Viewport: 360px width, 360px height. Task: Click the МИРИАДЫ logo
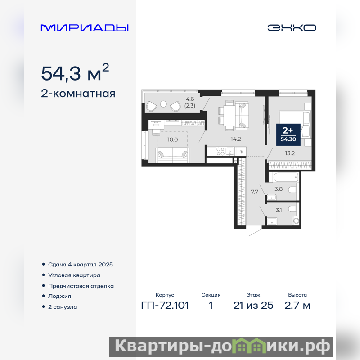(x=85, y=28)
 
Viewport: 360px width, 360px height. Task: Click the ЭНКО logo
(x=292, y=28)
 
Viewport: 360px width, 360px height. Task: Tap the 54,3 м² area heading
(x=75, y=72)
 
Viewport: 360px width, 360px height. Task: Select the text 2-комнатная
(x=78, y=94)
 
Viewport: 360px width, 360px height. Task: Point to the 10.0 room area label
(x=173, y=139)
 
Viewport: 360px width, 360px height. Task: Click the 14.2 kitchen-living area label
(x=236, y=139)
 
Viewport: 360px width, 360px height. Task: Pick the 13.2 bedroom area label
(x=290, y=153)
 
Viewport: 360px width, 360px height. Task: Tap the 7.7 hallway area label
(x=255, y=192)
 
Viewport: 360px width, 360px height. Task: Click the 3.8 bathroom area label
(x=279, y=189)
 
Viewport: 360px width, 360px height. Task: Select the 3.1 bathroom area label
(x=279, y=210)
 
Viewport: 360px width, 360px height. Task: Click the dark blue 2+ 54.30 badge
(x=288, y=135)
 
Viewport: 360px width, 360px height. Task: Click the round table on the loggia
(x=163, y=104)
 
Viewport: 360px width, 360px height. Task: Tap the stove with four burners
(x=220, y=152)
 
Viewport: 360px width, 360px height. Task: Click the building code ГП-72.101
(x=165, y=306)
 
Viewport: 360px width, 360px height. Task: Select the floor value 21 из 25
(x=253, y=306)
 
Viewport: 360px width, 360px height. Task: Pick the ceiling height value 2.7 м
(x=297, y=306)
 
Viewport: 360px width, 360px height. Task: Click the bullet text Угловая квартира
(x=74, y=275)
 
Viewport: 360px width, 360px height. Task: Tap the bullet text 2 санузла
(x=63, y=307)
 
